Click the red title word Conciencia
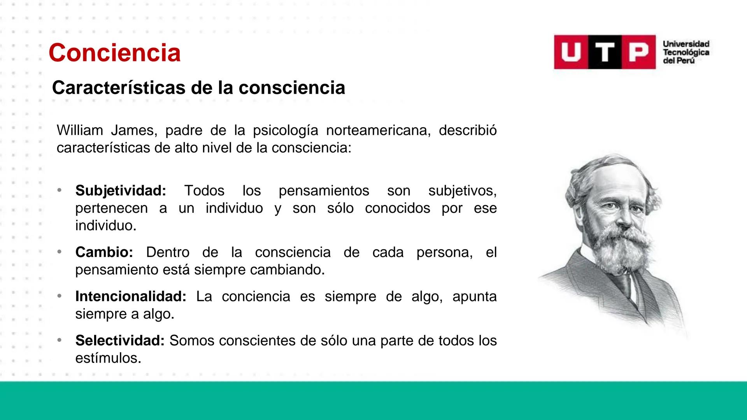point(114,53)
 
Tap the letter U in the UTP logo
point(571,52)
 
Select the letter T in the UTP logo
point(605,52)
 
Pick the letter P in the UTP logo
point(638,52)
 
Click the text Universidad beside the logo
point(686,44)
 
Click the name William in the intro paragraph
point(80,130)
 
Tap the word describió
point(467,130)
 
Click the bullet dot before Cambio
point(59,252)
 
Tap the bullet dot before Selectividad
point(59,340)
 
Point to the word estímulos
point(107,358)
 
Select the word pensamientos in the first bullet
point(324,191)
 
